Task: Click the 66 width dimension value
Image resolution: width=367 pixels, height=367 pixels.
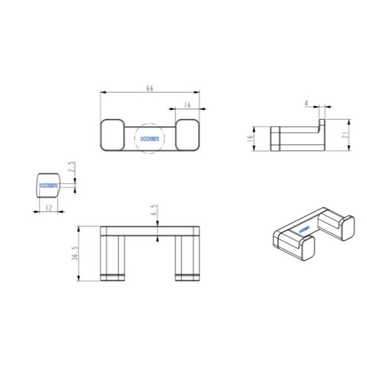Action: click(x=150, y=88)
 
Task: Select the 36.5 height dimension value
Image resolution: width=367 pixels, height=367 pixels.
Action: click(x=75, y=253)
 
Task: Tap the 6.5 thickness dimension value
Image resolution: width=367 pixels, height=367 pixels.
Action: click(x=153, y=210)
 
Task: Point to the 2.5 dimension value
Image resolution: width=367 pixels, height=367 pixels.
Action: click(x=71, y=166)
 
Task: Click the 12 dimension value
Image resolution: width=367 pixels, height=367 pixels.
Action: click(x=49, y=208)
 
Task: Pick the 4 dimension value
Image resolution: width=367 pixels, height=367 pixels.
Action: click(x=306, y=103)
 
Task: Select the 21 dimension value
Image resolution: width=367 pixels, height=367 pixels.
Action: click(x=345, y=135)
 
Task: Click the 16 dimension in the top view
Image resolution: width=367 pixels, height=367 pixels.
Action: click(x=188, y=105)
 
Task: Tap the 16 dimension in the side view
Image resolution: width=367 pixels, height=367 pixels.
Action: click(x=250, y=138)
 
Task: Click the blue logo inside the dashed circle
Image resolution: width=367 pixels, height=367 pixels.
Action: click(x=150, y=139)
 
